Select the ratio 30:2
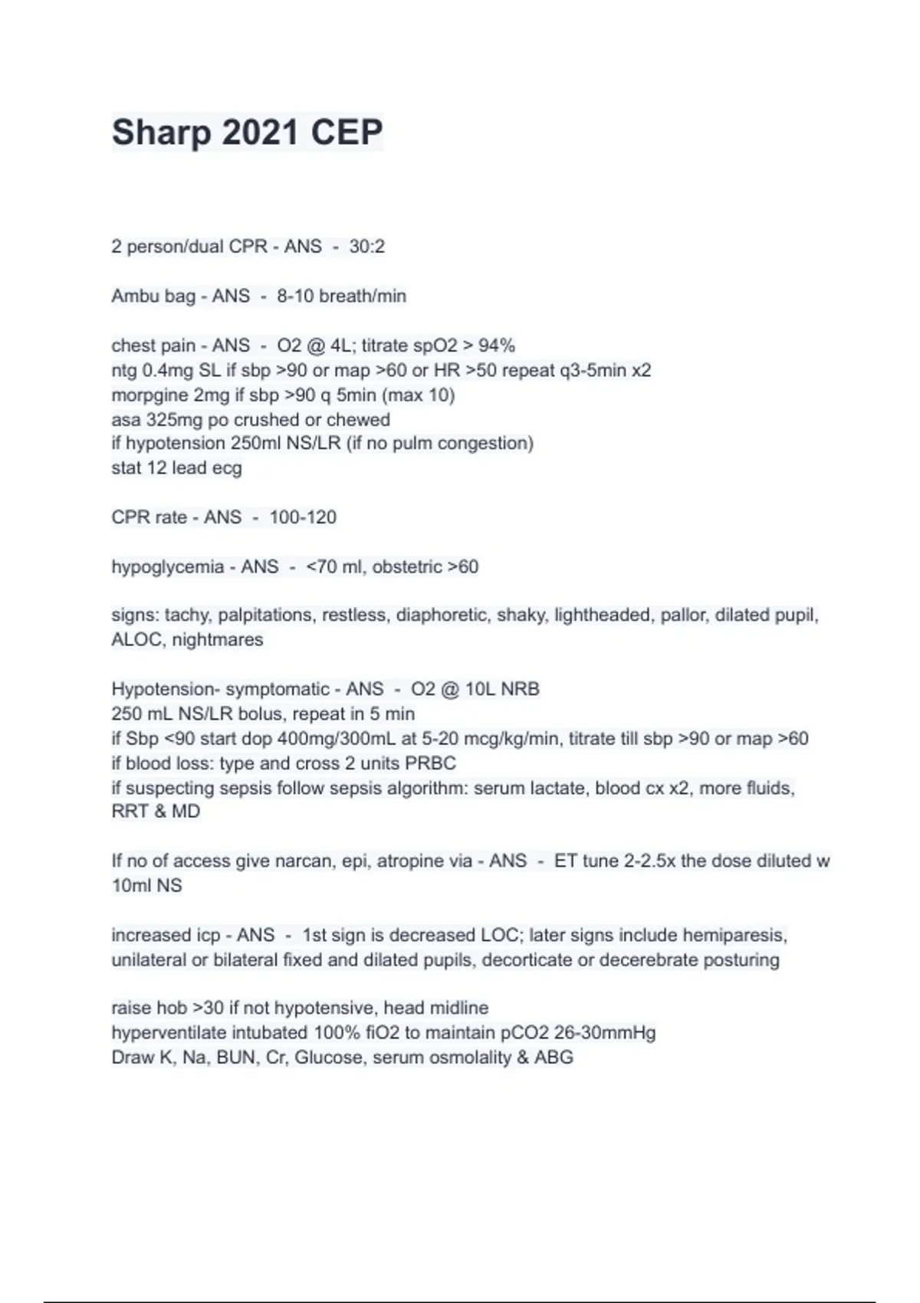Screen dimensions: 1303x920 click(366, 247)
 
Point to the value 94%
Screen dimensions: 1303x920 click(497, 346)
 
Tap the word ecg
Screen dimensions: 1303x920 click(227, 468)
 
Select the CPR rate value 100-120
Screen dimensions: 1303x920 click(303, 517)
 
